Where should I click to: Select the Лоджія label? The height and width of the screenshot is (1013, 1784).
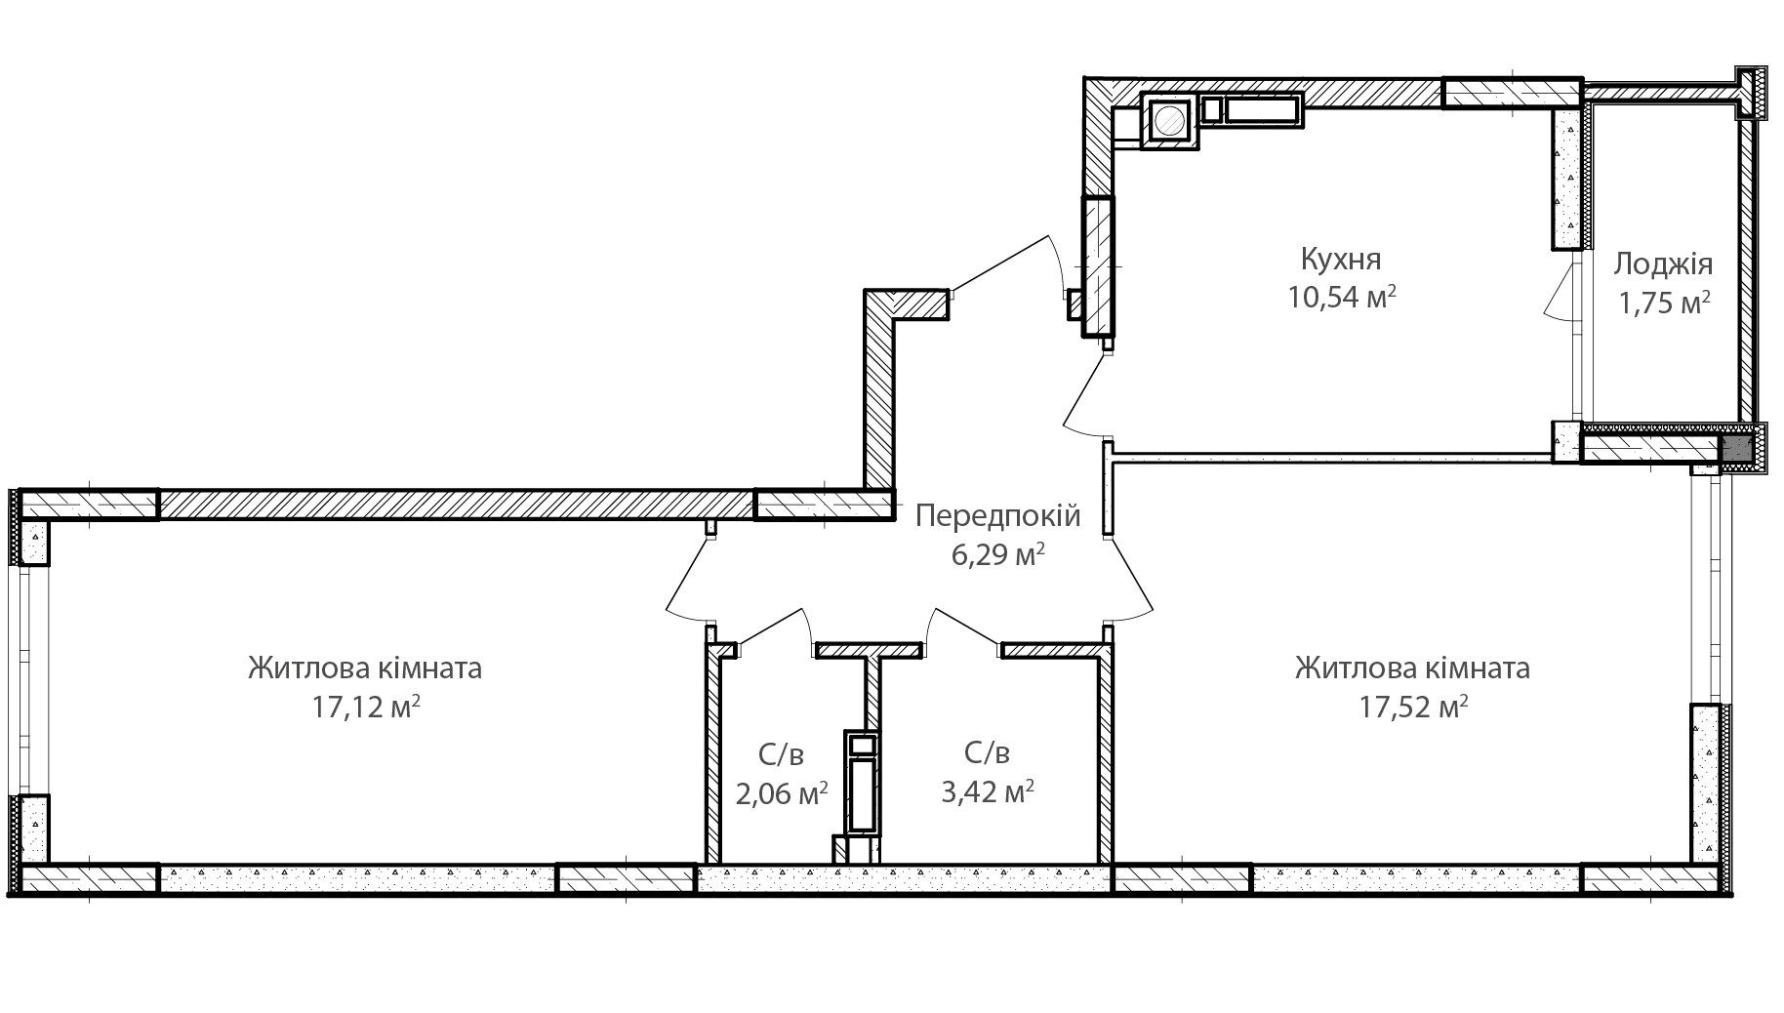click(1663, 263)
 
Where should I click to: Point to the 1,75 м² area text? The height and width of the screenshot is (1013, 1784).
click(1664, 303)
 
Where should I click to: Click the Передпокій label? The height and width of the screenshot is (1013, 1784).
click(997, 516)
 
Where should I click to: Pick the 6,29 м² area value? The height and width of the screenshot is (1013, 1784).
click(998, 554)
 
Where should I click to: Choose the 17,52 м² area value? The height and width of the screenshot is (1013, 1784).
click(1413, 706)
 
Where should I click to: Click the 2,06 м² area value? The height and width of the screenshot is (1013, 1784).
click(782, 793)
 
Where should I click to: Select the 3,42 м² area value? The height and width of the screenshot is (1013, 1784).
click(987, 791)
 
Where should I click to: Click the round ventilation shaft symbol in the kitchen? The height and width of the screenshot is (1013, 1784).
click(1168, 120)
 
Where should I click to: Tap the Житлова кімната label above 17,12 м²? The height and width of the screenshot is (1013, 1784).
click(365, 669)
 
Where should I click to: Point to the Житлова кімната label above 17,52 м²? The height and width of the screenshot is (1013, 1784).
click(1412, 669)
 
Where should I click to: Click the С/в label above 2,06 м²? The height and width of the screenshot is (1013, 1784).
click(781, 754)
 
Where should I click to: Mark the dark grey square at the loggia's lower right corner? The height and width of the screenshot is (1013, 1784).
click(1735, 448)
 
